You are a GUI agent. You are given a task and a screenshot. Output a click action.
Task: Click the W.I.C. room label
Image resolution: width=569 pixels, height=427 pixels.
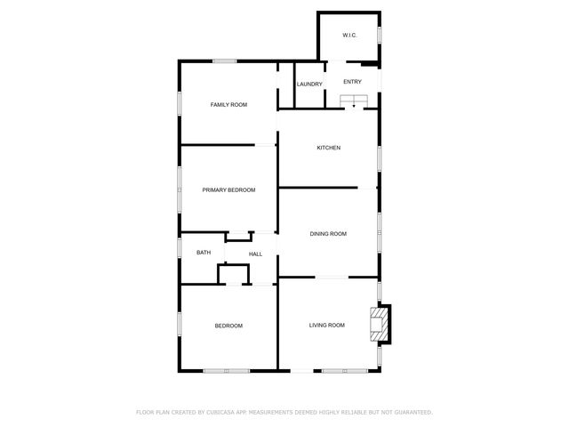tap(349, 36)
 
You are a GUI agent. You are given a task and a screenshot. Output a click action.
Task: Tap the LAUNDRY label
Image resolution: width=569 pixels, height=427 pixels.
tap(309, 85)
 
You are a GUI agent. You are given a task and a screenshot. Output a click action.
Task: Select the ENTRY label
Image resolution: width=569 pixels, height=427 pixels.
tap(352, 82)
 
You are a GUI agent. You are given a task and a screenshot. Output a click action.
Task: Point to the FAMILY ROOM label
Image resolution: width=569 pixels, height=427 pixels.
tap(228, 105)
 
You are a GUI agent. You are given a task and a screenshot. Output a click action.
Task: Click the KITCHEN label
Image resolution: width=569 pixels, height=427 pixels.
tap(329, 148)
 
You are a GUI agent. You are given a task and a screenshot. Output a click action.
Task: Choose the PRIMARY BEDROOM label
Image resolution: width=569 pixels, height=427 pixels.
tap(228, 190)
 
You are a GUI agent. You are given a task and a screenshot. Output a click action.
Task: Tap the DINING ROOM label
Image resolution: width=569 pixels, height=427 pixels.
tap(328, 234)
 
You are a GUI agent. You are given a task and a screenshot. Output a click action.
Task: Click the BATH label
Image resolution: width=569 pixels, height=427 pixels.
tap(204, 254)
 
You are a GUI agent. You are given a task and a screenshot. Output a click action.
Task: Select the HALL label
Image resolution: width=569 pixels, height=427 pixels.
tap(255, 254)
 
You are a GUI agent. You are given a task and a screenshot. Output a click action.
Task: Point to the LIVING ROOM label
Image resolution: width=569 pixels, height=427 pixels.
tap(326, 326)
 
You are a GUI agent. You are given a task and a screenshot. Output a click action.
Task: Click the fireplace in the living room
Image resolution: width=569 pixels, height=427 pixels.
tap(381, 324)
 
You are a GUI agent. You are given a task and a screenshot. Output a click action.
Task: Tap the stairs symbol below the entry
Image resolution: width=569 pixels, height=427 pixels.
tap(354, 100)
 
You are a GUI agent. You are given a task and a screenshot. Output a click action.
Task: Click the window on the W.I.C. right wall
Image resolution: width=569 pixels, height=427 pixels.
tap(380, 35)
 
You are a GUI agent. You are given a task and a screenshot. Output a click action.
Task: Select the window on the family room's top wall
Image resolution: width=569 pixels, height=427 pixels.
tap(224, 60)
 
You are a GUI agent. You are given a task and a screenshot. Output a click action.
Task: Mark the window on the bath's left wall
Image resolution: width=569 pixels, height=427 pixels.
tap(180, 248)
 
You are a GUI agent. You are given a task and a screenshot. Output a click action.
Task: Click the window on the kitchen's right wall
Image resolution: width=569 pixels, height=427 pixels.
tap(380, 157)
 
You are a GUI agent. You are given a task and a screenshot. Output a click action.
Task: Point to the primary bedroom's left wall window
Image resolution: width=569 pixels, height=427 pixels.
tap(180, 189)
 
